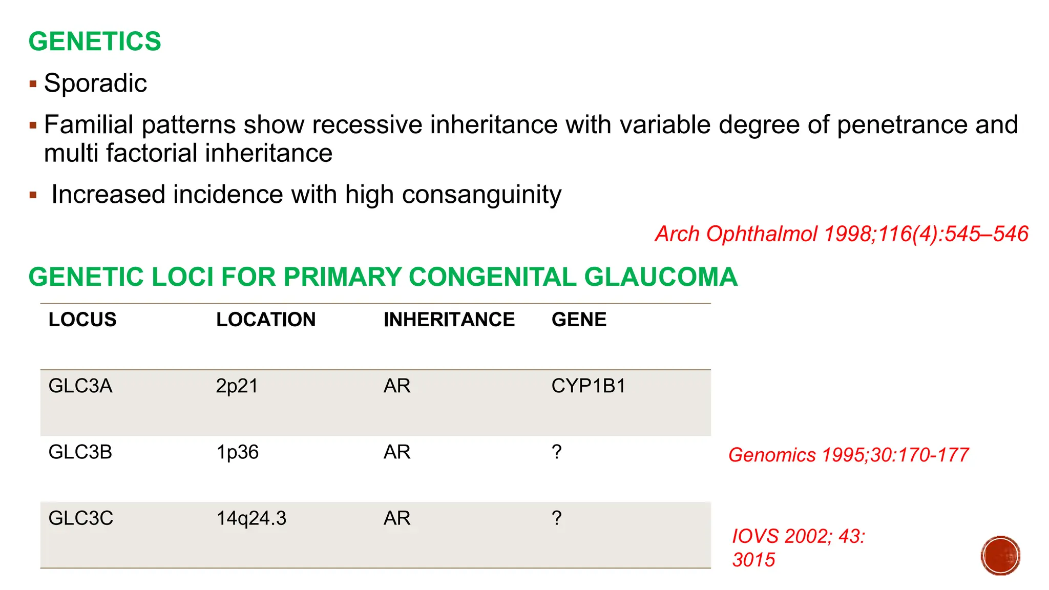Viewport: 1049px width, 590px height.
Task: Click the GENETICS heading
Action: (x=95, y=41)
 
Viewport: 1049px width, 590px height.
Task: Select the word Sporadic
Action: (x=95, y=83)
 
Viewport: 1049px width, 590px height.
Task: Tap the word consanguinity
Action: (x=481, y=195)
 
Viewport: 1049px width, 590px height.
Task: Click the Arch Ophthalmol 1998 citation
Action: (x=841, y=234)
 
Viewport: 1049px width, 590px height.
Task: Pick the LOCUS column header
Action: (x=82, y=320)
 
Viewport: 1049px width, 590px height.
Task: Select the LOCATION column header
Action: (x=265, y=320)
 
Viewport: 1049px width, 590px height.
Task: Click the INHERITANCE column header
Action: (x=449, y=320)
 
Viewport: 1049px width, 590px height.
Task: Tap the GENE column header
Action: (x=579, y=320)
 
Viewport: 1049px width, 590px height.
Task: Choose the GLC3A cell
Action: (x=80, y=386)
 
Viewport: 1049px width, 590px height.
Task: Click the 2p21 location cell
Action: (x=237, y=386)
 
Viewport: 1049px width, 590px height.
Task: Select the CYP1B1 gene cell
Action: (x=589, y=386)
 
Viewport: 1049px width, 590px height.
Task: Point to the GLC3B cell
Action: (x=80, y=452)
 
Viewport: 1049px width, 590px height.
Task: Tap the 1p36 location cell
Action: (x=237, y=452)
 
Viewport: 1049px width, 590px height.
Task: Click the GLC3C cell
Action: (x=81, y=518)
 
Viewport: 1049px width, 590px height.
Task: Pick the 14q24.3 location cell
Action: (x=251, y=518)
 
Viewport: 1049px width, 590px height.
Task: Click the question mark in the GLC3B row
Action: (x=557, y=452)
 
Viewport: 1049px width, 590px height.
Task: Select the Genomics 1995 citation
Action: (x=848, y=455)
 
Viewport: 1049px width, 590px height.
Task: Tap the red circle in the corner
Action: (x=1000, y=556)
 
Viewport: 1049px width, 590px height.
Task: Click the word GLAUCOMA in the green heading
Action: (x=660, y=277)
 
